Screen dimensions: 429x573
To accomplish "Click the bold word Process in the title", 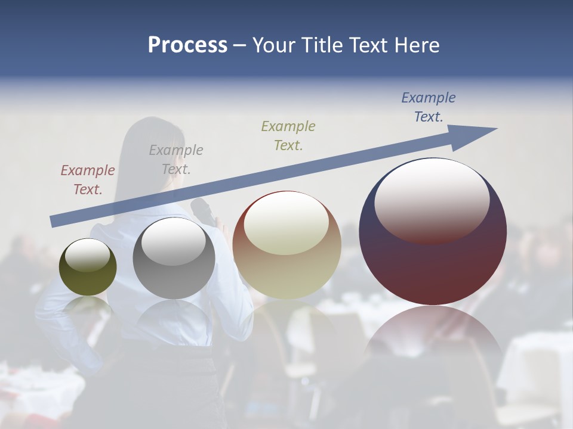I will coord(187,45).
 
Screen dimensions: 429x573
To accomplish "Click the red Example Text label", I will coord(88,179).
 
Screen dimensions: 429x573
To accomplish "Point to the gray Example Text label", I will coord(176,159).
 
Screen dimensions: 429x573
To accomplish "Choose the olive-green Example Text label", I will coord(288,135).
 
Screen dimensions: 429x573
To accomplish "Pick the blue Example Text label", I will coord(429,107).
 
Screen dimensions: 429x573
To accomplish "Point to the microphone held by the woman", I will coord(203,212).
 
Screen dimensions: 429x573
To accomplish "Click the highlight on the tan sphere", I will coord(286,223).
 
